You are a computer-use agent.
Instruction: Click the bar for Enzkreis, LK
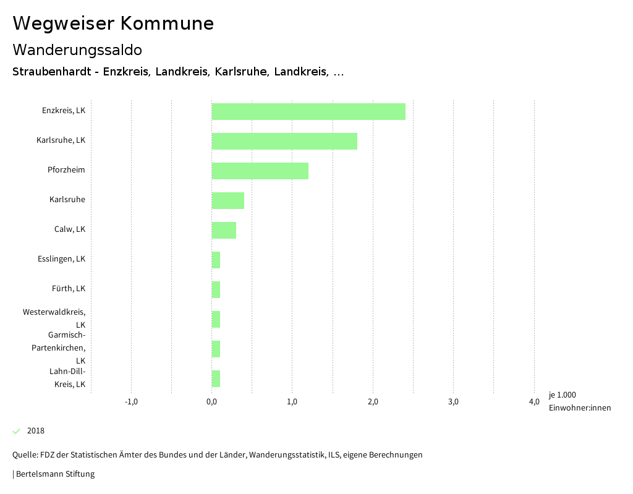[x=308, y=111]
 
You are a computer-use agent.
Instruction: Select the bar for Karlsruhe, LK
[x=284, y=141]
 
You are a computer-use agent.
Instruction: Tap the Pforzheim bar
[x=260, y=171]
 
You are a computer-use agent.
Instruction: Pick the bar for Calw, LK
[x=224, y=230]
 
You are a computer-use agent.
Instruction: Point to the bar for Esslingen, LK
[x=216, y=260]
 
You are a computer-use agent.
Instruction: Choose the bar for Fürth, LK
[x=216, y=289]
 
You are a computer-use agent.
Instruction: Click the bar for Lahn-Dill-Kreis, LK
[x=216, y=378]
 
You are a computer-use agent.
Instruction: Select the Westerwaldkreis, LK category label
[x=54, y=318]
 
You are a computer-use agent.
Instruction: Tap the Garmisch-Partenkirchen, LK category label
[x=59, y=347]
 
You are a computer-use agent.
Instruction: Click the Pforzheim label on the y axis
[x=66, y=170]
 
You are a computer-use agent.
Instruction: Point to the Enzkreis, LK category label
[x=64, y=111]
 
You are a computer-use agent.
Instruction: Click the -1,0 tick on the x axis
[x=131, y=402]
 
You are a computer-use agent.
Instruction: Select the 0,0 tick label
[x=211, y=402]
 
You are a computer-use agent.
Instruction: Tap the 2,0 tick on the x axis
[x=373, y=402]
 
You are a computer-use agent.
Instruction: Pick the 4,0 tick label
[x=534, y=402]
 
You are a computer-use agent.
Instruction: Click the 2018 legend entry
[x=35, y=431]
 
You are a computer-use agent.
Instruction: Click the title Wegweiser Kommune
[x=113, y=23]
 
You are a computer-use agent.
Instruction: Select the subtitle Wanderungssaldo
[x=77, y=49]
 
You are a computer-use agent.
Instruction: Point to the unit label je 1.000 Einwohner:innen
[x=579, y=401]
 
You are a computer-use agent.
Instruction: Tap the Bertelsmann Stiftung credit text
[x=54, y=474]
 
